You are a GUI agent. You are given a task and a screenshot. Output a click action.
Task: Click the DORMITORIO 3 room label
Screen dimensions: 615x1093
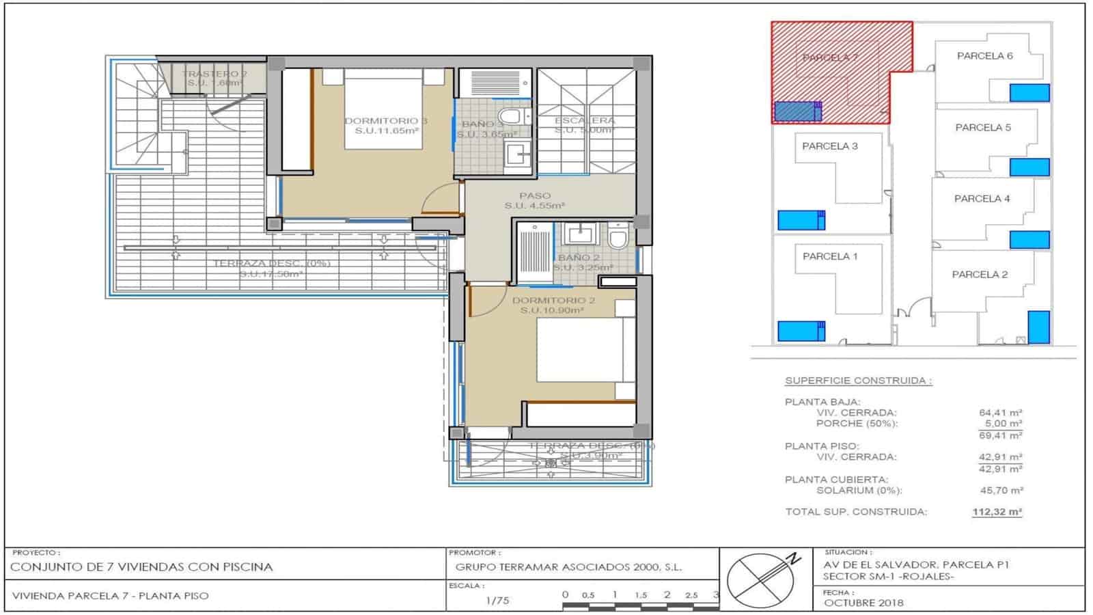386,121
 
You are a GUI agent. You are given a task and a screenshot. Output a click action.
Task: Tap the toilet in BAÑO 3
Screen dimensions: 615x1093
512,115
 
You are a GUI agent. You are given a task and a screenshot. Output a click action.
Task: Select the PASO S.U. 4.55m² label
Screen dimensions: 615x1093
535,200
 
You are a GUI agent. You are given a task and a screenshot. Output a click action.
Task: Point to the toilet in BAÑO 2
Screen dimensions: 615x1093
618,237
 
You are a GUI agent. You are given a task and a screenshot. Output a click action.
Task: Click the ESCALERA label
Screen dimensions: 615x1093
585,121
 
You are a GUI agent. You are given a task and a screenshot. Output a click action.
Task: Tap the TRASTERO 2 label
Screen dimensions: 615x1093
215,74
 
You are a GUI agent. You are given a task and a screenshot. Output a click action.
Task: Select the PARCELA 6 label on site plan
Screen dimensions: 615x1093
984,56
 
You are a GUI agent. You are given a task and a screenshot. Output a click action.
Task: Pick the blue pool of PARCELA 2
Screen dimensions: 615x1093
1038,327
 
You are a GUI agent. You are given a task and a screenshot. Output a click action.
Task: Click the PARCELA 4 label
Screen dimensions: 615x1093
982,199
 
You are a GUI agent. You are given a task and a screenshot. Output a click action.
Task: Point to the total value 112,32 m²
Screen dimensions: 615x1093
997,512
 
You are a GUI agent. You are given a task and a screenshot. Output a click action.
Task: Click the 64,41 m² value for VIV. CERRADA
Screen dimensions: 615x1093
1000,413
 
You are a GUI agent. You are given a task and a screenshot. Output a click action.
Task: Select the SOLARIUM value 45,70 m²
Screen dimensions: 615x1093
1000,491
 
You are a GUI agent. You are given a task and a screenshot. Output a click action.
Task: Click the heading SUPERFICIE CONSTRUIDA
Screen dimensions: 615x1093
858,381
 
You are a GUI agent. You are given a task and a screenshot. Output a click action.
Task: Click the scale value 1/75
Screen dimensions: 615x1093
497,601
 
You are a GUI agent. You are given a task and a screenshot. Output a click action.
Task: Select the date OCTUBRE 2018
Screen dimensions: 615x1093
863,603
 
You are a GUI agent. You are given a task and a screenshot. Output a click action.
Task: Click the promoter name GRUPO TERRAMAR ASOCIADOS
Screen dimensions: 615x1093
568,566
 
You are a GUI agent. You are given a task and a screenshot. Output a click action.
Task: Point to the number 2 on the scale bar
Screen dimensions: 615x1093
667,594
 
